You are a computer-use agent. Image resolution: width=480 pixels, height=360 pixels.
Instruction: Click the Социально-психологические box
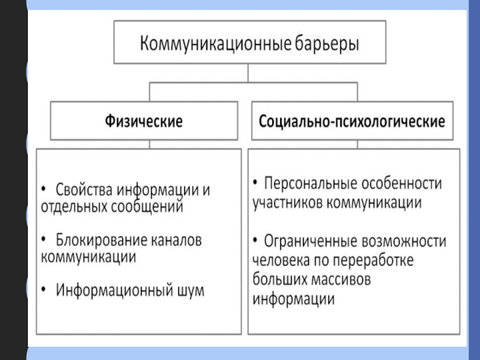click(x=352, y=121)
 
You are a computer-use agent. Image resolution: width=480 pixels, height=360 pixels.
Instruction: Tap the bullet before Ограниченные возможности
click(x=256, y=241)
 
